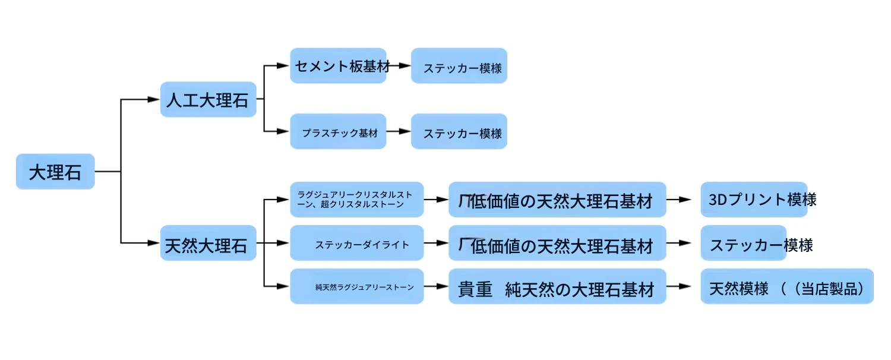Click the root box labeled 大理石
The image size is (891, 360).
55,172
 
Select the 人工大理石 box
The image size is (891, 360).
208,99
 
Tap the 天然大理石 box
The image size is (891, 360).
208,243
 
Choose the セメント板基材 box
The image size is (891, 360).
338,65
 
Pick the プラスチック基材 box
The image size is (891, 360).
338,131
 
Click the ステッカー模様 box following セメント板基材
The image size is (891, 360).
459,65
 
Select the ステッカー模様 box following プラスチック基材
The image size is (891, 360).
459,131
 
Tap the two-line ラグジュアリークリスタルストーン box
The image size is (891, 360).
357,200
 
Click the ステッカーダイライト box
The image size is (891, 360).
357,243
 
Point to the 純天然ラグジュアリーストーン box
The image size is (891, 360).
357,286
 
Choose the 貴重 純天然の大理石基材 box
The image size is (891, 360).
557,286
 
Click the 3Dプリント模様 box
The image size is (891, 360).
754,200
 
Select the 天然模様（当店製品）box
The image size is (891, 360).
787,286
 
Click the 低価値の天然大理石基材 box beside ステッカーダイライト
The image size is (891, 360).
557,243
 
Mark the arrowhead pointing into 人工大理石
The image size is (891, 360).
153,99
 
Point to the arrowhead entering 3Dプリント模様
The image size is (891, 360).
685,200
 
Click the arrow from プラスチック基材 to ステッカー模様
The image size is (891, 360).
398,131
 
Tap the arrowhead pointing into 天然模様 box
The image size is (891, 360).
685,286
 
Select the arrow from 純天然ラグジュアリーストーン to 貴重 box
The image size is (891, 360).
436,286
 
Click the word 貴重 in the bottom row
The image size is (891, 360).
475,289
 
